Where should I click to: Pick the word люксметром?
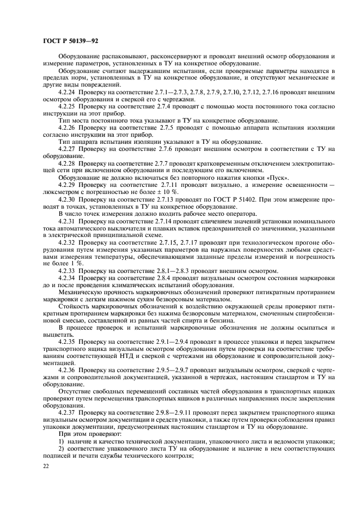click(x=63, y=192)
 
